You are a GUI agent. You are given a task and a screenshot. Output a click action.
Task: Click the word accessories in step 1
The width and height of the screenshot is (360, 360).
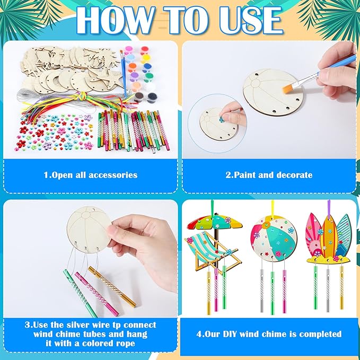pyautogui.click(x=113, y=175)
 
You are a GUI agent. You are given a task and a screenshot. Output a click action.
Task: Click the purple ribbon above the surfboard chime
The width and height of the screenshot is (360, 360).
pyautogui.click(x=329, y=207)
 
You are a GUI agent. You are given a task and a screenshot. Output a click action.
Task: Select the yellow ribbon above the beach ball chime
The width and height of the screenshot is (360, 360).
pyautogui.click(x=273, y=208)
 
